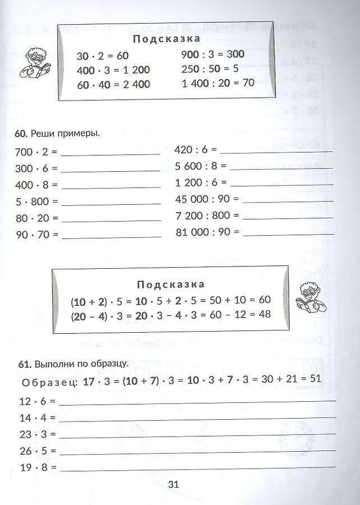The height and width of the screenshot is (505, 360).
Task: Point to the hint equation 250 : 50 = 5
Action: [x=210, y=68]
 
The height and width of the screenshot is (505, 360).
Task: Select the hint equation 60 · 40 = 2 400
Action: [x=114, y=85]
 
